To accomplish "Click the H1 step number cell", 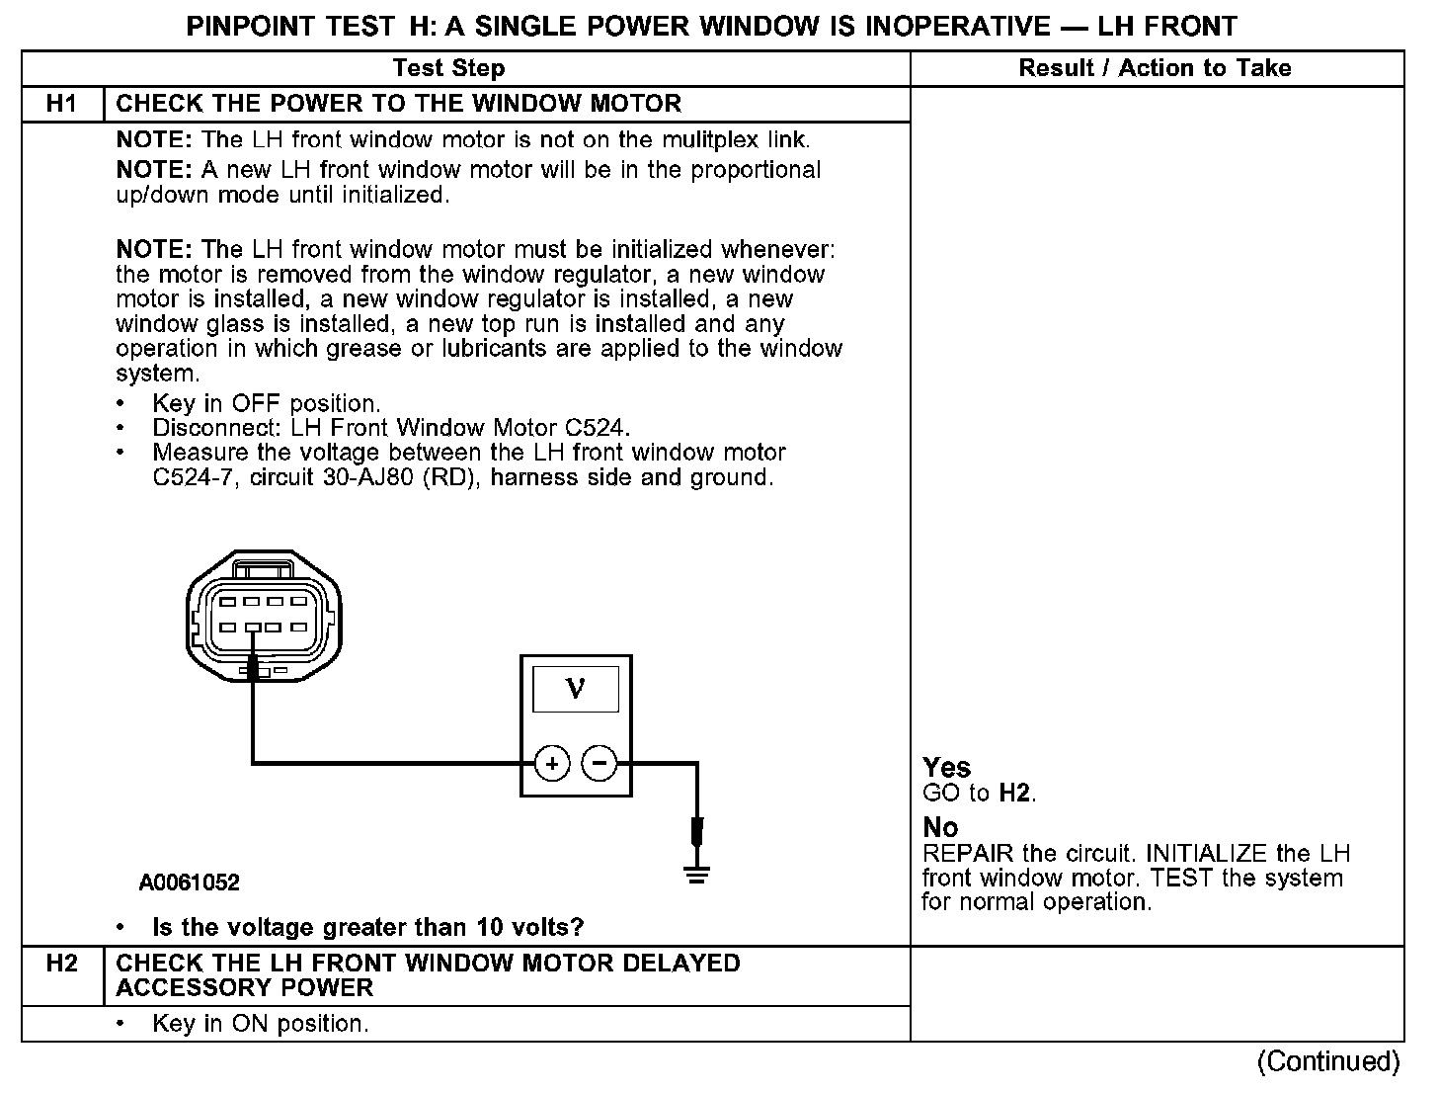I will point(61,104).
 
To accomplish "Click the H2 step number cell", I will point(61,964).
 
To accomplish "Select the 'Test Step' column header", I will point(448,68).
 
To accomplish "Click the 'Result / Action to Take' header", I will point(1155,68).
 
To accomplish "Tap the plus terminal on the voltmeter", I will point(552,763).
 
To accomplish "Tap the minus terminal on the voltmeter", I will point(599,763).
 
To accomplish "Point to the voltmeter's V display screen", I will point(576,689).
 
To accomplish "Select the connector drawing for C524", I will point(264,618).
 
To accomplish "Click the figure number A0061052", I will point(189,883).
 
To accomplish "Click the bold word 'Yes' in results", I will point(946,768).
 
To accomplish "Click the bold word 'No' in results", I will point(939,827).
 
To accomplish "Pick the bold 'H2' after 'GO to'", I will point(1015,793).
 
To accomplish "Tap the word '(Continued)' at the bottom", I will point(1327,1061).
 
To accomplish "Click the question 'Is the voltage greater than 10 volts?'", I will point(367,928).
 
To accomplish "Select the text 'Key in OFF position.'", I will point(266,403).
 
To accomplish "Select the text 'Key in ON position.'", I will point(260,1024).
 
